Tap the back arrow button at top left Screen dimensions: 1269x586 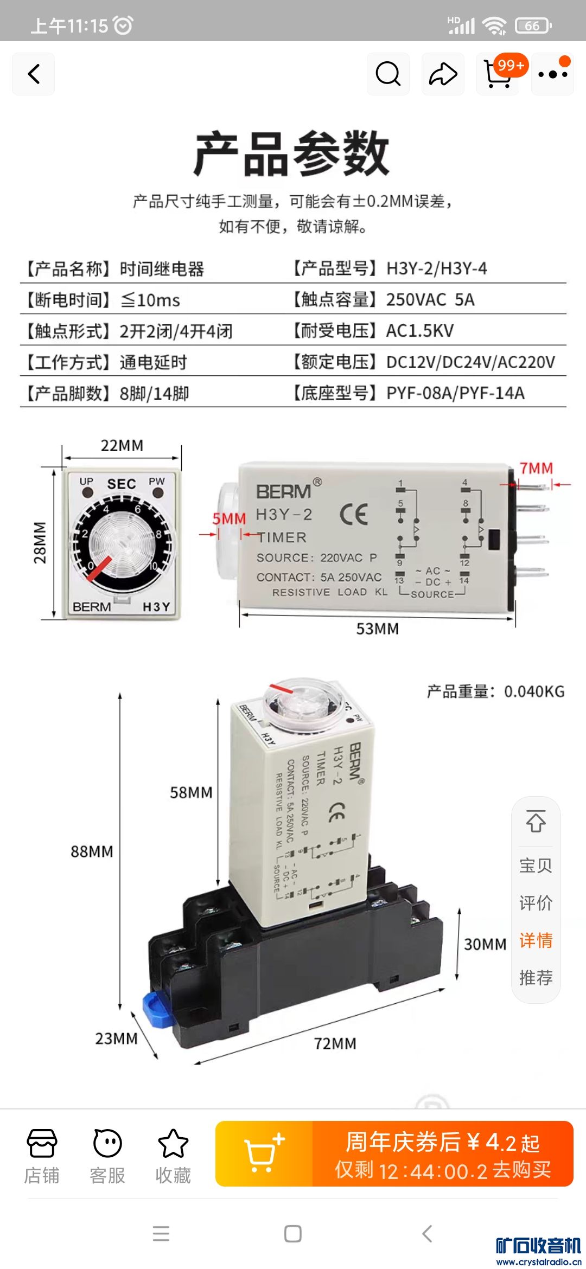tap(34, 74)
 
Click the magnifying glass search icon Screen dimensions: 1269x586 tap(388, 74)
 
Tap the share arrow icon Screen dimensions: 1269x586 tap(443, 74)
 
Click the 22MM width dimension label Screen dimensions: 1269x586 tap(122, 446)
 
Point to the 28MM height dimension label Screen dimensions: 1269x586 tap(41, 543)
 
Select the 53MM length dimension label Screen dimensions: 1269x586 tap(378, 629)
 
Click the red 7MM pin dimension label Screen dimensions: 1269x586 tap(536, 469)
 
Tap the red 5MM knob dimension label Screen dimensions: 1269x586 tap(229, 519)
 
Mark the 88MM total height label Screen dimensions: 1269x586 tap(92, 851)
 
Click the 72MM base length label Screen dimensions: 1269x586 tap(335, 1043)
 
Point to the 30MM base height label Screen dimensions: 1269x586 tap(485, 944)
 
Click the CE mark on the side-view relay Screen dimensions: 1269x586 tap(354, 514)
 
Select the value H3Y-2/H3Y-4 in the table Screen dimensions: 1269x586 tap(437, 268)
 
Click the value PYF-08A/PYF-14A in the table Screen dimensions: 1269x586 tap(455, 393)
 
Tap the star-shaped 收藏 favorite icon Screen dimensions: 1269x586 tap(173, 1143)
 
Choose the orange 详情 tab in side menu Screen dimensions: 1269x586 tap(536, 940)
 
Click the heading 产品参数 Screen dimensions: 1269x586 tap(292, 154)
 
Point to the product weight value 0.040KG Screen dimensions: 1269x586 tap(534, 691)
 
